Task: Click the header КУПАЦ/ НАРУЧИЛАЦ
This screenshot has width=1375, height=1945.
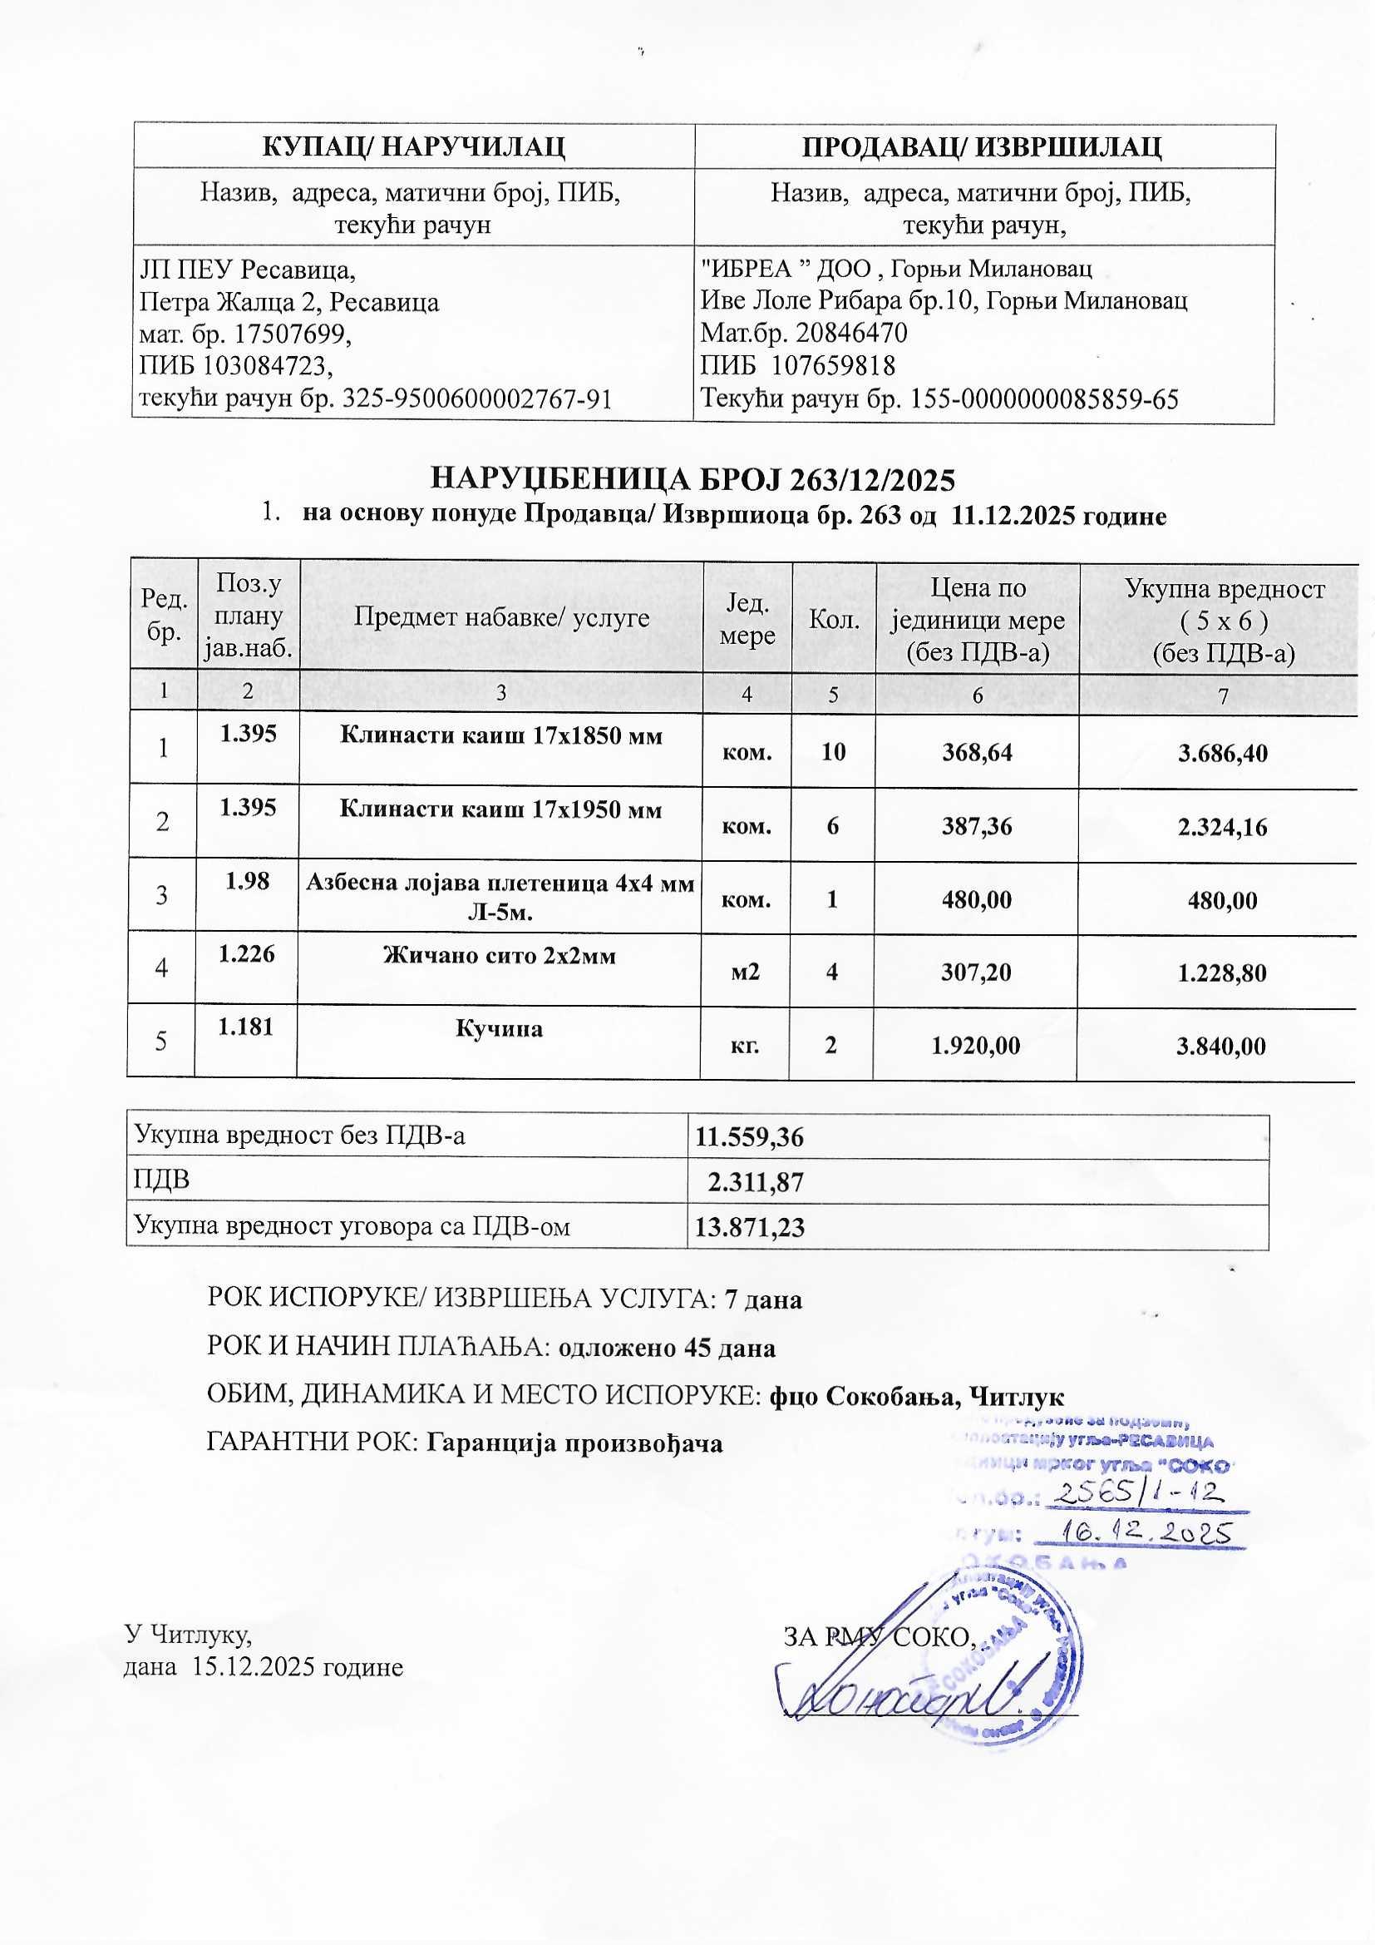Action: pyautogui.click(x=413, y=146)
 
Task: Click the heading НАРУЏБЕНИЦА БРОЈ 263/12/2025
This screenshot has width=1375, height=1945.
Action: pyautogui.click(x=692, y=479)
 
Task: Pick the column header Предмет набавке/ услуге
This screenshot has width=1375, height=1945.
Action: pyautogui.click(x=501, y=616)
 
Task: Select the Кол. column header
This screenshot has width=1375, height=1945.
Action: pyautogui.click(x=834, y=619)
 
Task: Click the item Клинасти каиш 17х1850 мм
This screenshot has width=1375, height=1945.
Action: pyautogui.click(x=501, y=735)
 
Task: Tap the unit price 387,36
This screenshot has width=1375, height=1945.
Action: pyautogui.click(x=977, y=826)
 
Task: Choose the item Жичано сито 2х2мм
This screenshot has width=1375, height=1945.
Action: pyautogui.click(x=500, y=956)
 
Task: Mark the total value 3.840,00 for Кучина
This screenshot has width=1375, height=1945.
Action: pyautogui.click(x=1222, y=1047)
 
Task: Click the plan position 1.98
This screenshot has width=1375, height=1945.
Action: pyautogui.click(x=247, y=881)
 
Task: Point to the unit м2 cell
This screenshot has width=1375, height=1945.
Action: pyautogui.click(x=746, y=972)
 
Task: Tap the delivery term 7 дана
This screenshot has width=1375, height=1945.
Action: pyautogui.click(x=765, y=1299)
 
